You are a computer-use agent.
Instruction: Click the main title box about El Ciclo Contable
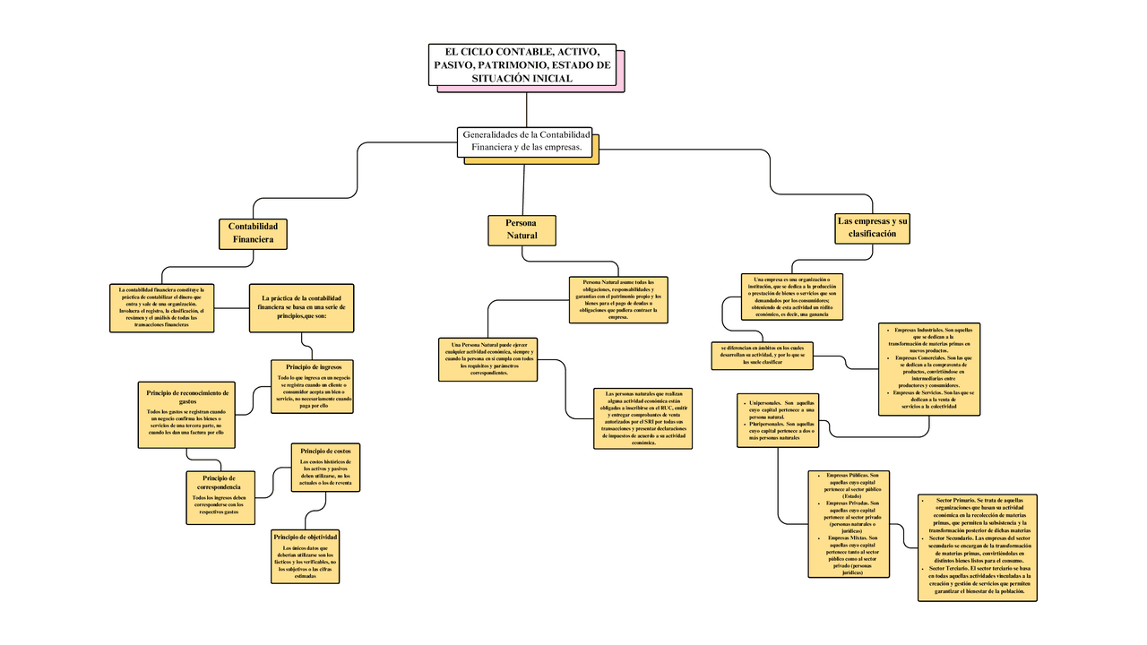(522, 64)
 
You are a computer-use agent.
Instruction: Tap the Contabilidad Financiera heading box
(253, 233)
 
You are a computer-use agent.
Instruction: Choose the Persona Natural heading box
(522, 229)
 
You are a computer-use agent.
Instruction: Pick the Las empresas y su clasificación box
(872, 227)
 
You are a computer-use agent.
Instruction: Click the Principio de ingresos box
(313, 386)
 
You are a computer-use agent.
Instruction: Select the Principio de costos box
(325, 467)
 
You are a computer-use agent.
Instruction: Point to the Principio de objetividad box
(306, 555)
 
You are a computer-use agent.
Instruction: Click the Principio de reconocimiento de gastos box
(187, 414)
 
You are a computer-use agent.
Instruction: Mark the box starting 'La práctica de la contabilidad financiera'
(301, 307)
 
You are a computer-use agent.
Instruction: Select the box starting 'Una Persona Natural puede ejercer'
(488, 358)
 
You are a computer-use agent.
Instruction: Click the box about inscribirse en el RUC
(643, 417)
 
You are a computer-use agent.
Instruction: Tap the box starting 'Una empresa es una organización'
(792, 297)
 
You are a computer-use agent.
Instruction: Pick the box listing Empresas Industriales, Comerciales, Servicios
(929, 368)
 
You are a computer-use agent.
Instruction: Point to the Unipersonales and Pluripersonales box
(782, 419)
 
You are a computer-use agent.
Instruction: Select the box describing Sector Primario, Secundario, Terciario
(978, 546)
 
